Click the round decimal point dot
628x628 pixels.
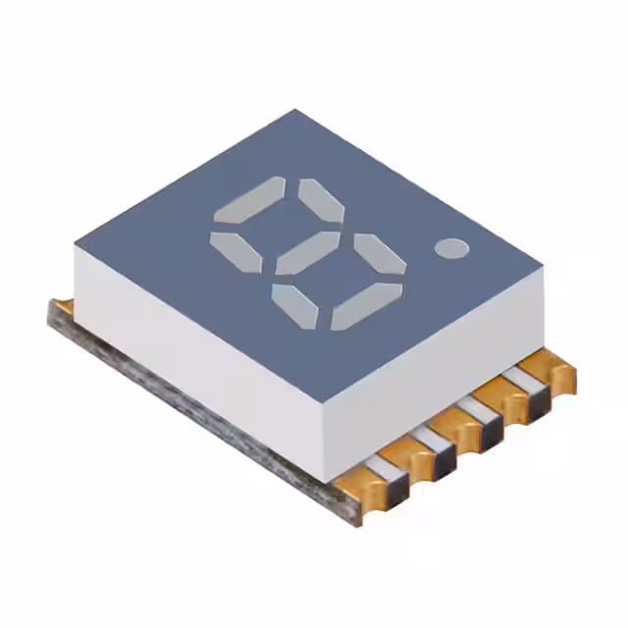(451, 248)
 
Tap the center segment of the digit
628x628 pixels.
(307, 253)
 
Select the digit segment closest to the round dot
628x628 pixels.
(380, 253)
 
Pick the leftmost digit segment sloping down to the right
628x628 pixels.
(235, 252)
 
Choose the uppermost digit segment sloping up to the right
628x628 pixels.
(249, 198)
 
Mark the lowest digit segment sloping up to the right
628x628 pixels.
(365, 306)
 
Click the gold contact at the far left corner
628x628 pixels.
(61, 310)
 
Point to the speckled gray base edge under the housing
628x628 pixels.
(196, 411)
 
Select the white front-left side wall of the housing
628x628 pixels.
(196, 334)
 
